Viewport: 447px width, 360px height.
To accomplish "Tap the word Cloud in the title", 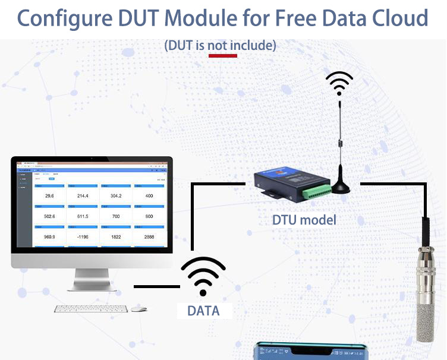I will point(396,18).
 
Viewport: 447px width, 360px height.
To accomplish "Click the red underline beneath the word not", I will point(223,56).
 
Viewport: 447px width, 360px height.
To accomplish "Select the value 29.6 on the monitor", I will point(50,195).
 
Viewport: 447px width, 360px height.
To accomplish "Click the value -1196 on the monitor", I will point(83,237).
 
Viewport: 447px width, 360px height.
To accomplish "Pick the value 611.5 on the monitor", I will point(83,216).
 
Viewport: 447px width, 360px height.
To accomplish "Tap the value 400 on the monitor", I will point(149,195).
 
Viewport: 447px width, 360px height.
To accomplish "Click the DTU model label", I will point(304,220).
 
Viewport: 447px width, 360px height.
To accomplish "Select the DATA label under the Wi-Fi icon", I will point(203,311).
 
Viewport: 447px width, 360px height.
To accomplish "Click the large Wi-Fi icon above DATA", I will point(203,274).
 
